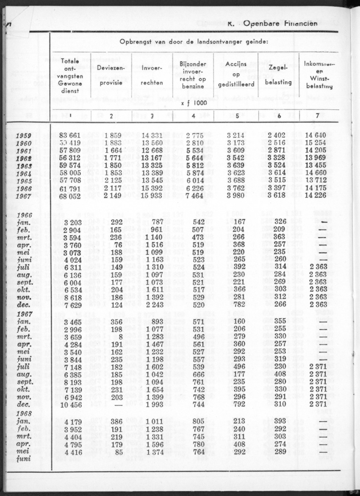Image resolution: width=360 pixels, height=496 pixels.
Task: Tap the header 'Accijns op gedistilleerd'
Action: click(x=236, y=75)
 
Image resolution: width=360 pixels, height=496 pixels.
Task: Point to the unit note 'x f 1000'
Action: click(x=193, y=102)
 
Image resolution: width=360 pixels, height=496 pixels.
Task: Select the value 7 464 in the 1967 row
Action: click(x=194, y=196)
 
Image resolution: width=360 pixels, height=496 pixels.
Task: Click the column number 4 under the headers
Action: click(x=193, y=115)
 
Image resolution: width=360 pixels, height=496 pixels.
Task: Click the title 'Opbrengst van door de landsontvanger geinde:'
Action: click(x=193, y=42)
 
